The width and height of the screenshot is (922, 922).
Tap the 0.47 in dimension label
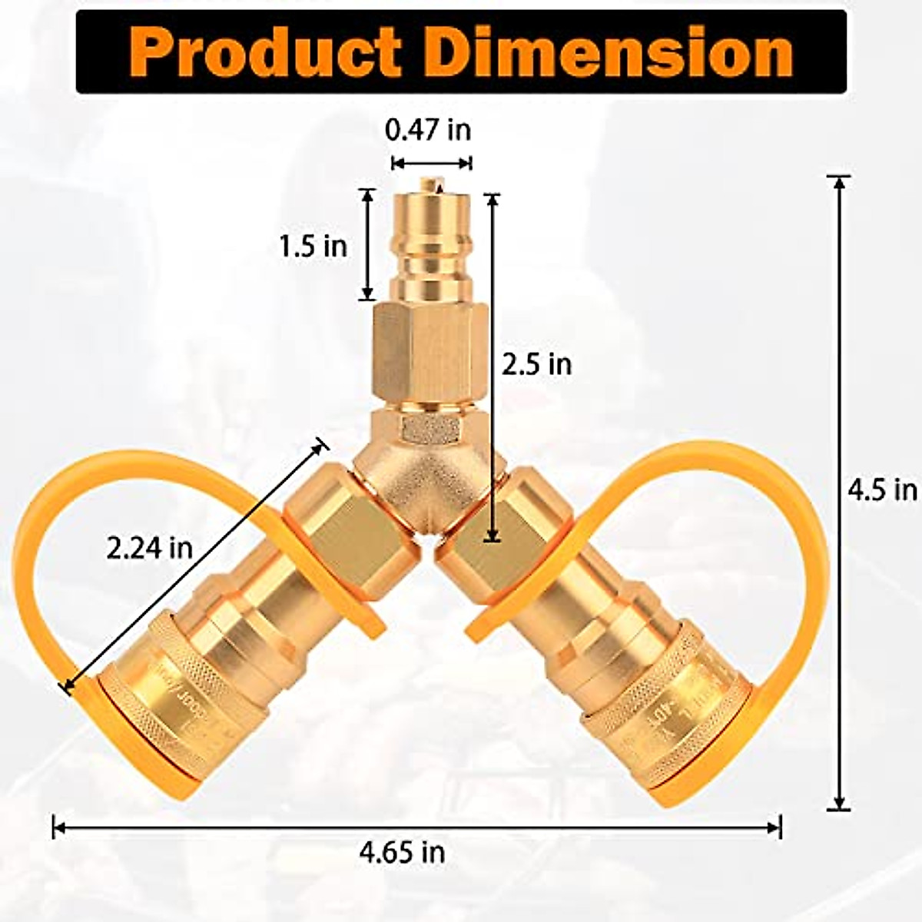(428, 130)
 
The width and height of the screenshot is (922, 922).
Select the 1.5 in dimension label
(313, 246)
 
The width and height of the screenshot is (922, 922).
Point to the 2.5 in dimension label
(537, 363)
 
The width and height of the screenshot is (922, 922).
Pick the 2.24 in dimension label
(149, 548)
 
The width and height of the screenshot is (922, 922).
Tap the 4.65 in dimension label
(402, 851)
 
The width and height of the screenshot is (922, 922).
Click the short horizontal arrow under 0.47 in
(431, 162)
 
